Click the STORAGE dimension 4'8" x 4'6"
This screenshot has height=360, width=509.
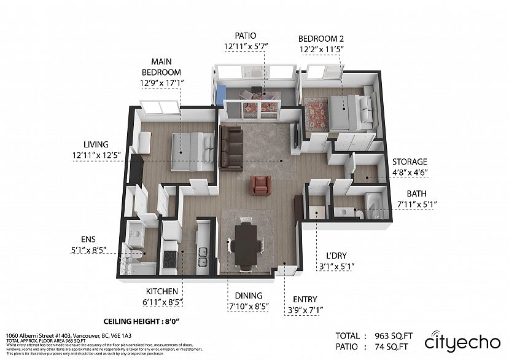[x=410, y=173]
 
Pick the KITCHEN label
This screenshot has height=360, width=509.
[x=162, y=291]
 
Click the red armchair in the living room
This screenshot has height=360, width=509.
[x=260, y=185]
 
